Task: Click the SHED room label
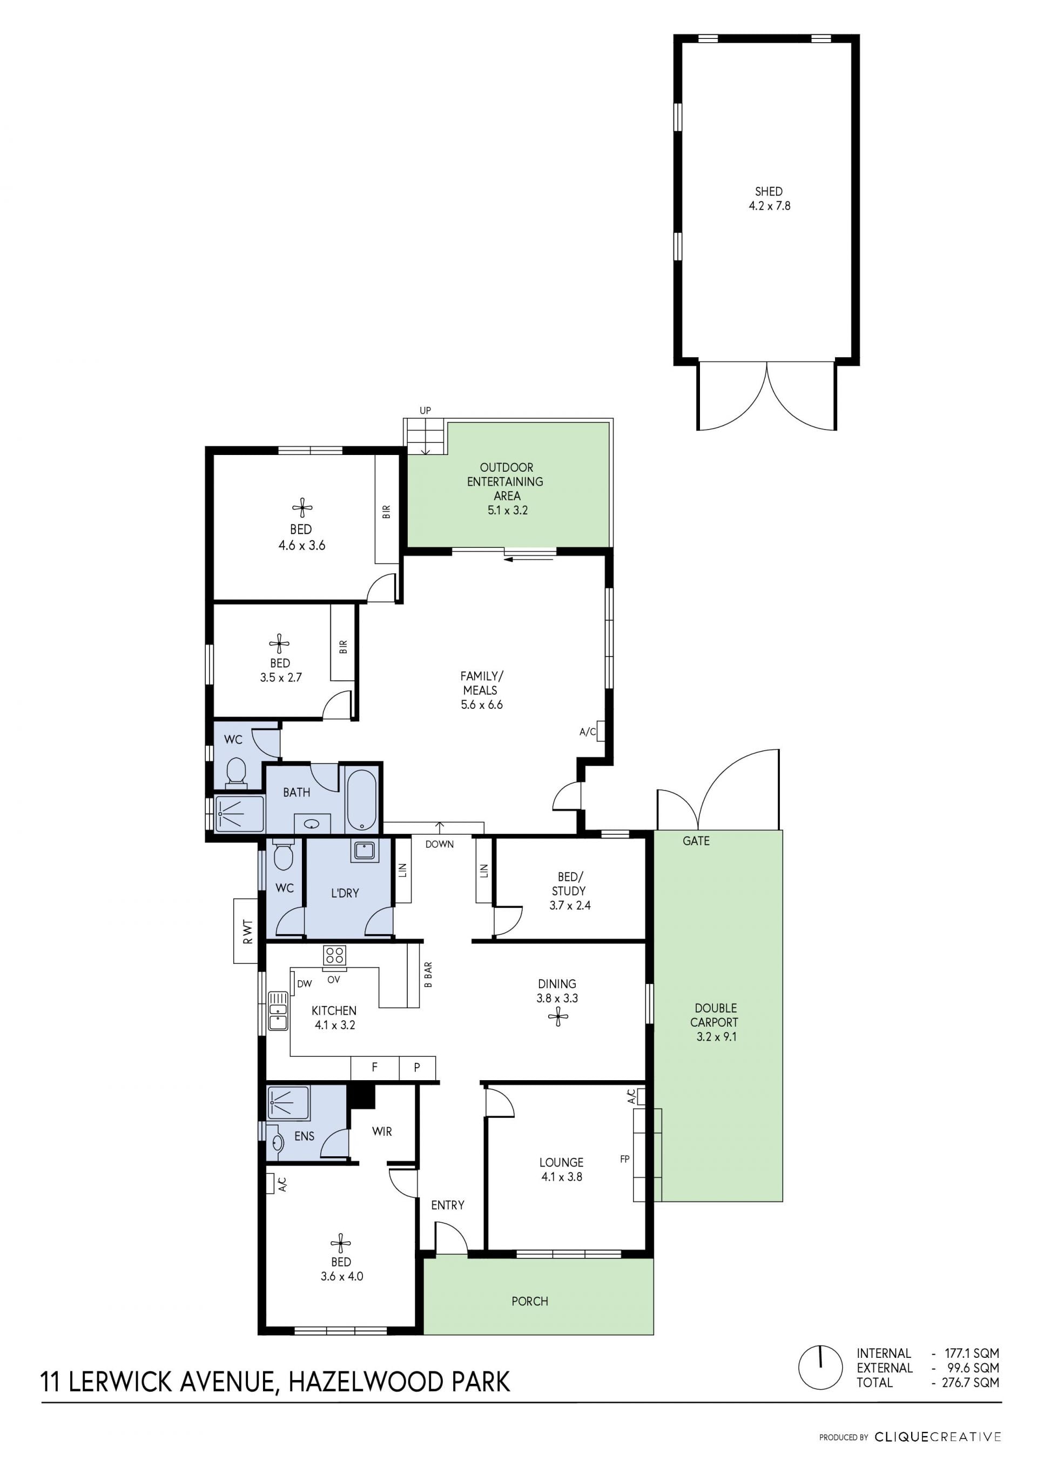[x=769, y=191]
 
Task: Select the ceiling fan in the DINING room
[x=558, y=1016]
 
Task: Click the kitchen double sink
[x=278, y=1011]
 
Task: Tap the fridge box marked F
[x=375, y=1067]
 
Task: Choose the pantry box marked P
[x=417, y=1067]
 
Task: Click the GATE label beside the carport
[x=696, y=841]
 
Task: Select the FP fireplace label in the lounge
[x=625, y=1158]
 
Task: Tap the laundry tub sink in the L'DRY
[x=365, y=850]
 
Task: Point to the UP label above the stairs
[x=425, y=410]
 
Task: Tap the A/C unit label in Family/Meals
[x=588, y=732]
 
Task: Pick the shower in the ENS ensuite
[x=288, y=1102]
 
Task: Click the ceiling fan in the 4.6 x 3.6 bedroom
[x=302, y=508]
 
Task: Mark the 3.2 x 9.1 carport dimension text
[x=717, y=1036]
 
